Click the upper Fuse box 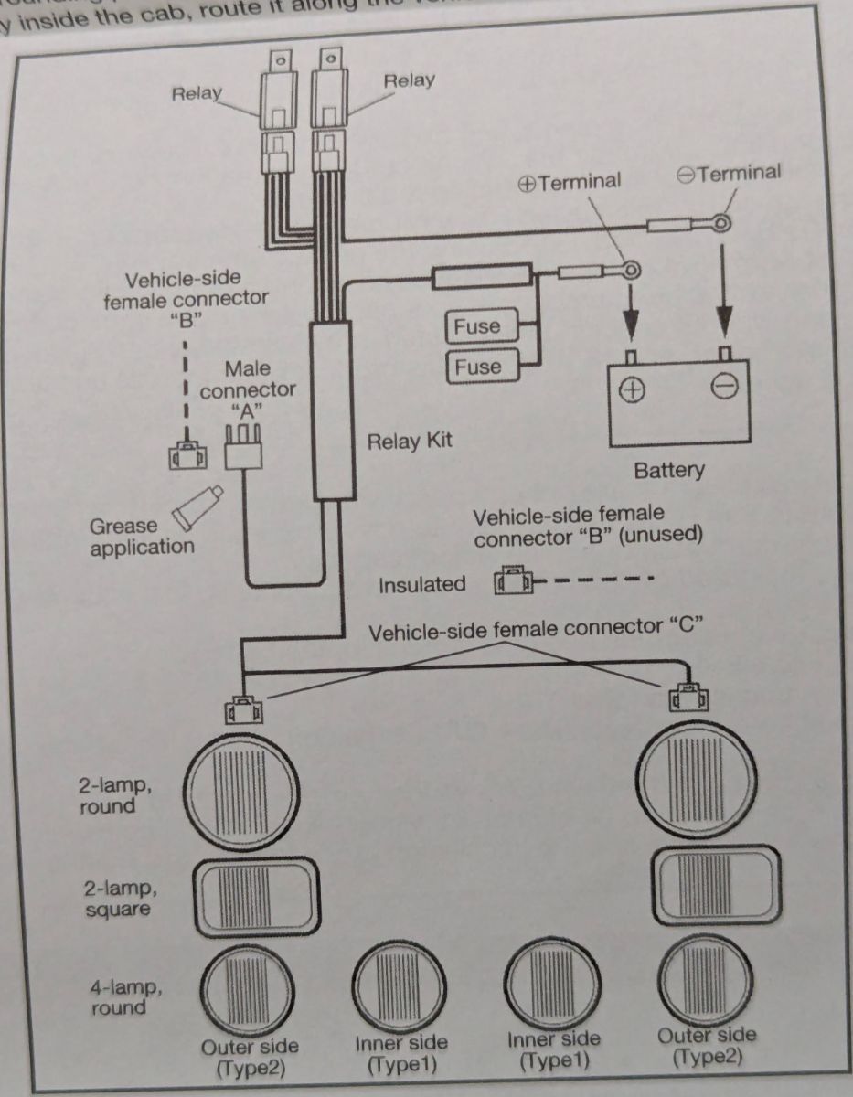tap(478, 326)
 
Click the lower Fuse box tap(478, 367)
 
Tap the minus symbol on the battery tap(723, 389)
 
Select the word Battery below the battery tap(669, 470)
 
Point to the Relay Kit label tap(409, 442)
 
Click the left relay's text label tap(197, 94)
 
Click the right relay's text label tap(409, 80)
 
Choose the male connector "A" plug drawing tap(246, 448)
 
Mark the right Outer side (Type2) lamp tap(705, 983)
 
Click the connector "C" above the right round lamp tap(684, 698)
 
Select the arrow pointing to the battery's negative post tap(724, 293)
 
